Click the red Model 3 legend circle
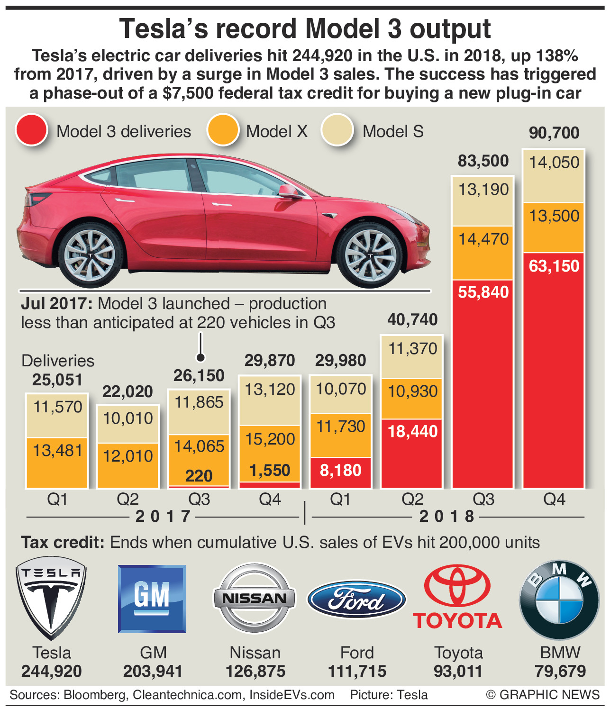[31, 130]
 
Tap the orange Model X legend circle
[222, 130]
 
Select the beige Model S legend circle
[337, 130]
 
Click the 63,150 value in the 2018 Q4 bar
[554, 266]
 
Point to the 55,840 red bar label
[483, 292]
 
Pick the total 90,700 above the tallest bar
[554, 133]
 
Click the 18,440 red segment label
[412, 431]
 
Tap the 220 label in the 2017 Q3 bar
[199, 476]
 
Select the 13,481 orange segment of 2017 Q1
[57, 450]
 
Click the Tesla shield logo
[51, 598]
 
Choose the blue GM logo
[152, 598]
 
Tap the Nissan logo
[255, 598]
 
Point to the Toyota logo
[458, 597]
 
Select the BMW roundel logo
[559, 600]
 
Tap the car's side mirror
[288, 191]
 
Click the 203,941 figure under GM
[153, 672]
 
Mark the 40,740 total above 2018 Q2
[412, 320]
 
